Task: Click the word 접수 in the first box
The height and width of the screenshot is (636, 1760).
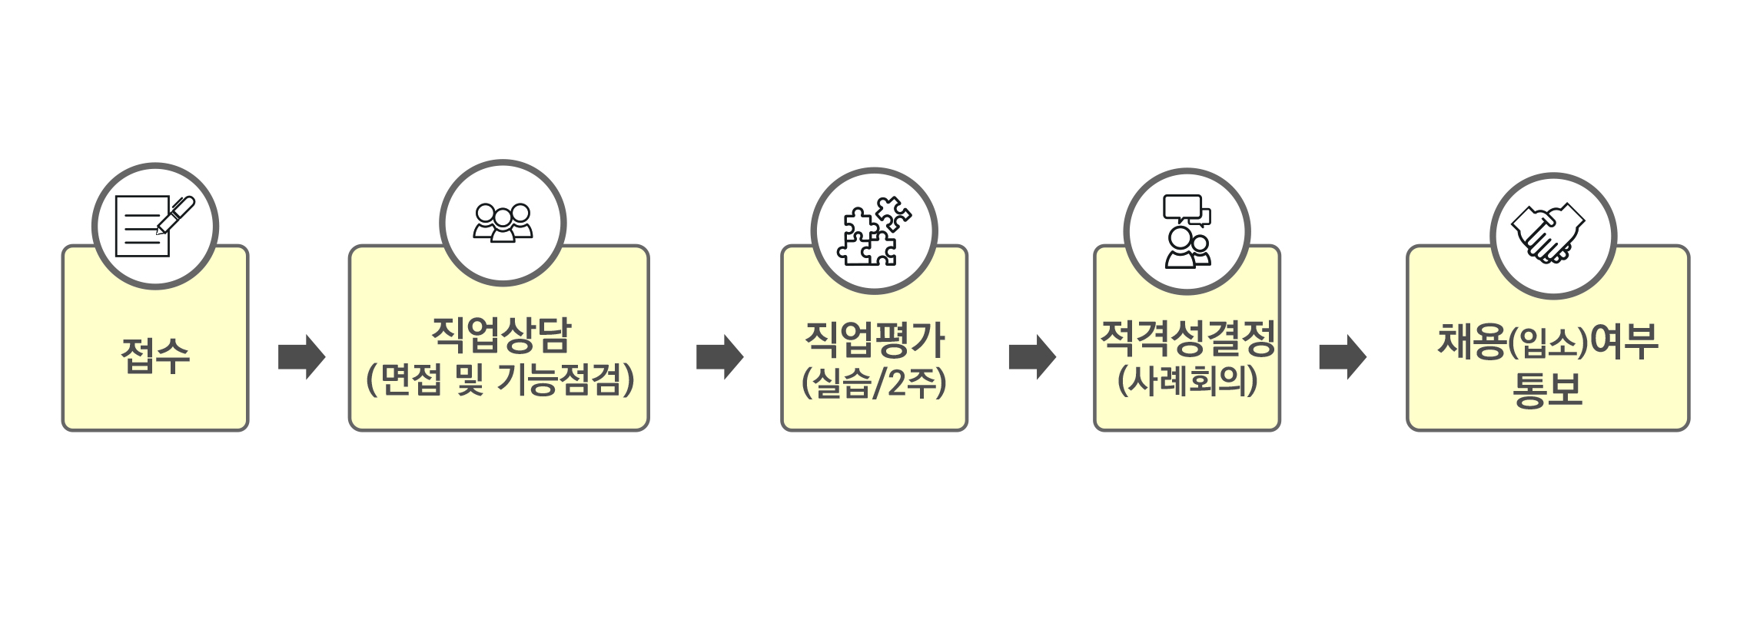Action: point(155,356)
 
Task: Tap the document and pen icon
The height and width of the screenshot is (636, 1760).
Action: point(154,226)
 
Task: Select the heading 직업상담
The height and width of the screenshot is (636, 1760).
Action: point(501,334)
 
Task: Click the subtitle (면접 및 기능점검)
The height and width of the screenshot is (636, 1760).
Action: point(500,379)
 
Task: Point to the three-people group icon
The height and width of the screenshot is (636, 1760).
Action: point(503,223)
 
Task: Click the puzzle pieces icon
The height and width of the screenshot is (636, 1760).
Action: point(874,230)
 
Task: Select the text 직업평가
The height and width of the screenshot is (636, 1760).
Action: point(874,340)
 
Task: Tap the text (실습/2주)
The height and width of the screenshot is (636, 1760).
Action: point(874,383)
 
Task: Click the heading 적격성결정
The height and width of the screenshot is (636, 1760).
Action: point(1187,338)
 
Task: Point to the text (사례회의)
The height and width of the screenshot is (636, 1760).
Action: point(1187,380)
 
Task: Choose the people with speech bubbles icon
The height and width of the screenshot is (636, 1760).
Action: point(1187,231)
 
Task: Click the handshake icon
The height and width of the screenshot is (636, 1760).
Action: point(1548,234)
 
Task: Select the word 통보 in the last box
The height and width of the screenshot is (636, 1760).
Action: point(1547,389)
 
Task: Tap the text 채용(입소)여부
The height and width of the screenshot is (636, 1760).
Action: point(1547,342)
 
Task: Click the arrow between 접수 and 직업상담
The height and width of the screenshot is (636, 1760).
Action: point(301,356)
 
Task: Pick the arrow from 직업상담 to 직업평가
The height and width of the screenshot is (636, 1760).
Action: point(719,356)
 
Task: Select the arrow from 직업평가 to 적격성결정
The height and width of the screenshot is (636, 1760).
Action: point(1032,356)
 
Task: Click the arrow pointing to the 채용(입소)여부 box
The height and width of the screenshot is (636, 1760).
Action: point(1343,356)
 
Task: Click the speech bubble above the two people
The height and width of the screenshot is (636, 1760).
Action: point(1183,207)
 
